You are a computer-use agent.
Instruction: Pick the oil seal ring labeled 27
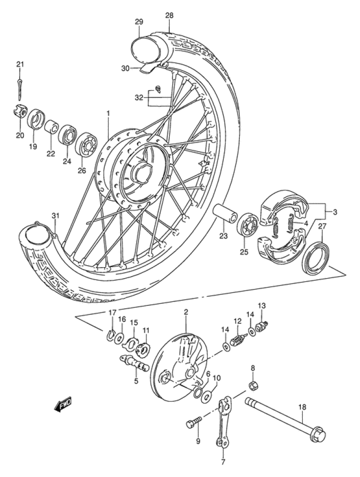(x=315, y=259)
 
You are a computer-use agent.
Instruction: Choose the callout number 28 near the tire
(x=169, y=16)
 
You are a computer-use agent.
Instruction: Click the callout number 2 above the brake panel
(x=186, y=312)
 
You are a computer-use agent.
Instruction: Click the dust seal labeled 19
(x=36, y=119)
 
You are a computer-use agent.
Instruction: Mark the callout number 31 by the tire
(x=56, y=216)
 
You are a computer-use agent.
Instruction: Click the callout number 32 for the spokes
(x=139, y=97)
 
